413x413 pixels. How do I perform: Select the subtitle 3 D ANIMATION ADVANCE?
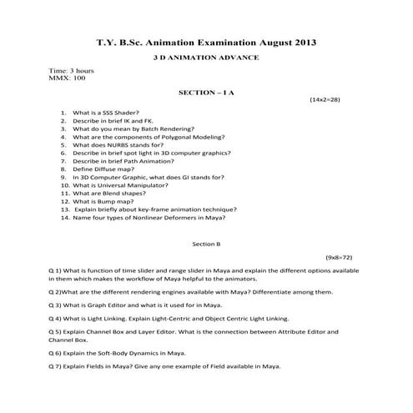tap(206, 57)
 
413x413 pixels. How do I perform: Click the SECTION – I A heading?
tap(206, 93)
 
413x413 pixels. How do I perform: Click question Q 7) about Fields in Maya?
tap(164, 367)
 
